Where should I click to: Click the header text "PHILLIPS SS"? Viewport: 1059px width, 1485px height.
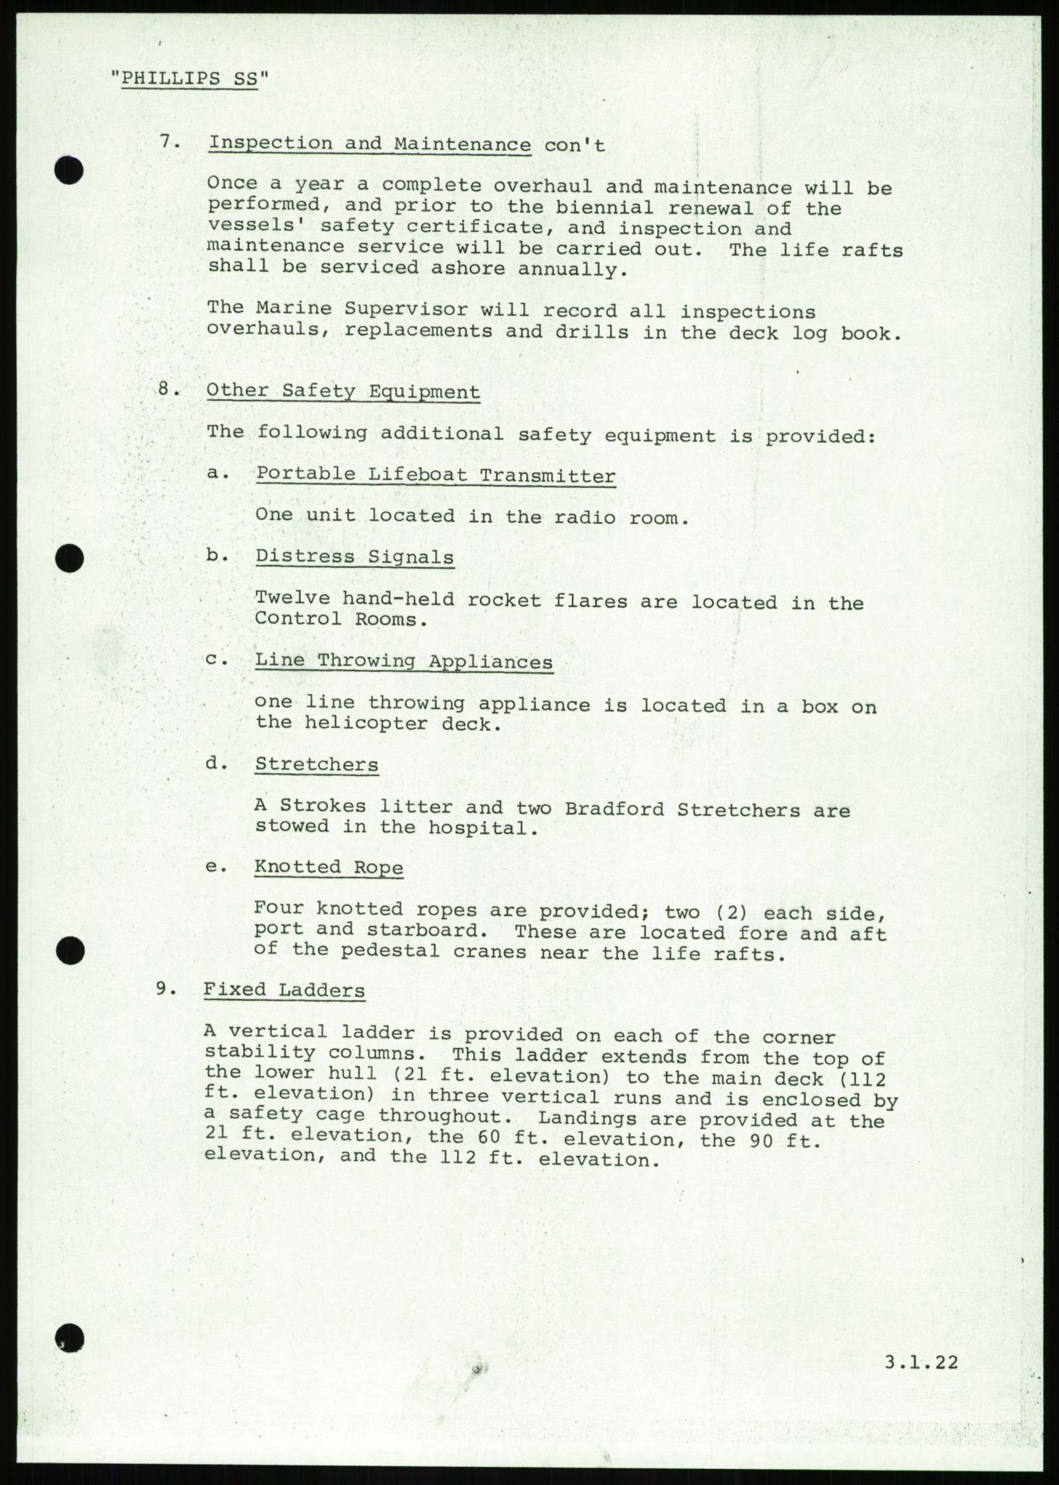(190, 79)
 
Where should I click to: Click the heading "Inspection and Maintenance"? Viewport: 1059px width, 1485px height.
(369, 144)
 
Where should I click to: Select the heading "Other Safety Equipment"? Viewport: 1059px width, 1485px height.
(343, 392)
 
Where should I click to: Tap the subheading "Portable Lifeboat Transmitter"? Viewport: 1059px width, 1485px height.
(435, 476)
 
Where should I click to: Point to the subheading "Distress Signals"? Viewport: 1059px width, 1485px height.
(355, 558)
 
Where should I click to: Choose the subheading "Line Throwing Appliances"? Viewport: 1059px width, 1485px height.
(403, 661)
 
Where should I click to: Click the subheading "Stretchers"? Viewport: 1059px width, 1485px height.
(316, 764)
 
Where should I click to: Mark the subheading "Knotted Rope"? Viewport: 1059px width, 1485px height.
(329, 867)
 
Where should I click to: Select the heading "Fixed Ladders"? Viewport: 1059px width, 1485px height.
(284, 990)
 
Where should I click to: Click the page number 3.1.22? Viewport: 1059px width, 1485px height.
(921, 1362)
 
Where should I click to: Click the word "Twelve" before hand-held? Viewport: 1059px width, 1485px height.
(292, 600)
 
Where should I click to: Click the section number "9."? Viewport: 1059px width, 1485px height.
(166, 989)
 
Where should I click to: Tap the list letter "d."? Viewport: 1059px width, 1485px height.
(217, 764)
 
